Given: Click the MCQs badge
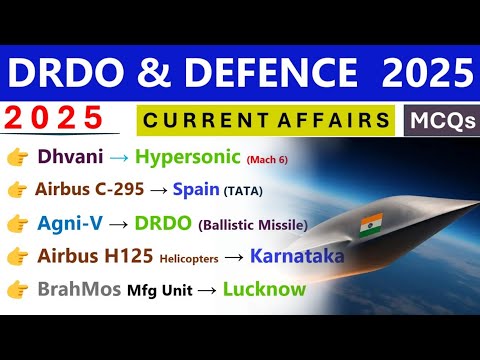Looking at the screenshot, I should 440,121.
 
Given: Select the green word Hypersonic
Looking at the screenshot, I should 188,157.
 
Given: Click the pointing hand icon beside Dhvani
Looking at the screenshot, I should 17,158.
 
